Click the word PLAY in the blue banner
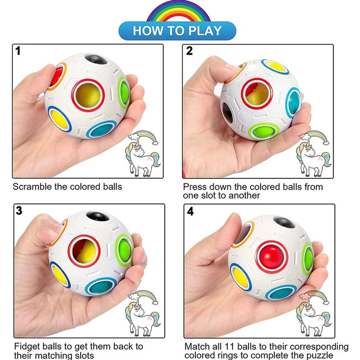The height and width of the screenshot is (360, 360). [x=205, y=31]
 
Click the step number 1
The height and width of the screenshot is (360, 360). [x=18, y=51]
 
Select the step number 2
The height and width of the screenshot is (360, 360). [x=190, y=51]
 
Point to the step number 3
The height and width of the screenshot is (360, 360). [x=19, y=211]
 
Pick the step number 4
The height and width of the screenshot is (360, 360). [x=191, y=211]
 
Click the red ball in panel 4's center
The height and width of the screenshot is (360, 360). [x=272, y=257]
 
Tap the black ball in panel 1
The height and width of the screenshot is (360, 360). [x=96, y=59]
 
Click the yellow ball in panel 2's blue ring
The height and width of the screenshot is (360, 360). [x=276, y=67]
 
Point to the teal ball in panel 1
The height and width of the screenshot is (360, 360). [x=102, y=130]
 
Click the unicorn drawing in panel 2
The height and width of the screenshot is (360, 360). [x=313, y=154]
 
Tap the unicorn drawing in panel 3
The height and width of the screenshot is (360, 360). [x=143, y=313]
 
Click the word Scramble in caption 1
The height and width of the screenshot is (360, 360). [x=32, y=187]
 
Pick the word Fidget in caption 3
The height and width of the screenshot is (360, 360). [x=27, y=347]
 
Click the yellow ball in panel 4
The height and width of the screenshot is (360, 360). [x=241, y=277]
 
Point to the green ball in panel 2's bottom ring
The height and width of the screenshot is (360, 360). [x=264, y=131]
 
